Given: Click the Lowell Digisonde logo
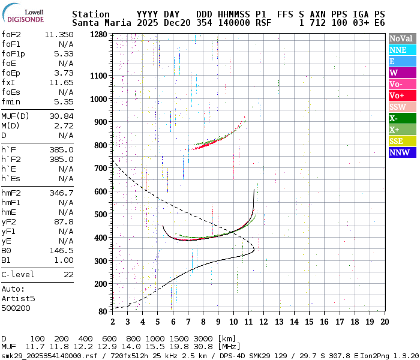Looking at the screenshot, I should (x=24, y=16).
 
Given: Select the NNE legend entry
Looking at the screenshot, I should (x=402, y=50).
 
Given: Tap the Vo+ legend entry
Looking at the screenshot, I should (x=402, y=95).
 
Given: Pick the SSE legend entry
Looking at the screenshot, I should (x=402, y=141).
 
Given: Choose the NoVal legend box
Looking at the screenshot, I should (x=402, y=38).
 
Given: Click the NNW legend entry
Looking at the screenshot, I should (x=402, y=152).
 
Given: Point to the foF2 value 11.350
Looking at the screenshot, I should (x=59, y=34).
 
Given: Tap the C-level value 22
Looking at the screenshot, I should (x=68, y=274).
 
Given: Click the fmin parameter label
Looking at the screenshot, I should (x=12, y=101).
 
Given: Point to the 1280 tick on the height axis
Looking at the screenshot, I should (x=98, y=35).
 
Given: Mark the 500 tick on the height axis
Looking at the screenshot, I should (x=101, y=214).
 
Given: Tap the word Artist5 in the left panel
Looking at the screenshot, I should (x=18, y=298).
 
